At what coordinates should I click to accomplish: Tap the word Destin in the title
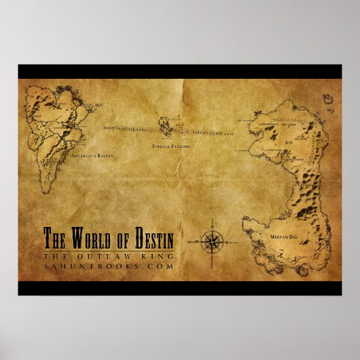(151, 240)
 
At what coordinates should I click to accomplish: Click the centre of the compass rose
(212, 238)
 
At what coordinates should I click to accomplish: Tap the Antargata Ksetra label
(91, 156)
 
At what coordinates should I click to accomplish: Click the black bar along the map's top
(180, 71)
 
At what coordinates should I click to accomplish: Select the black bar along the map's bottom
(180, 288)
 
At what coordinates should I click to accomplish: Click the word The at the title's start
(54, 240)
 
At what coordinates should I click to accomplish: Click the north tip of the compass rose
(212, 221)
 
